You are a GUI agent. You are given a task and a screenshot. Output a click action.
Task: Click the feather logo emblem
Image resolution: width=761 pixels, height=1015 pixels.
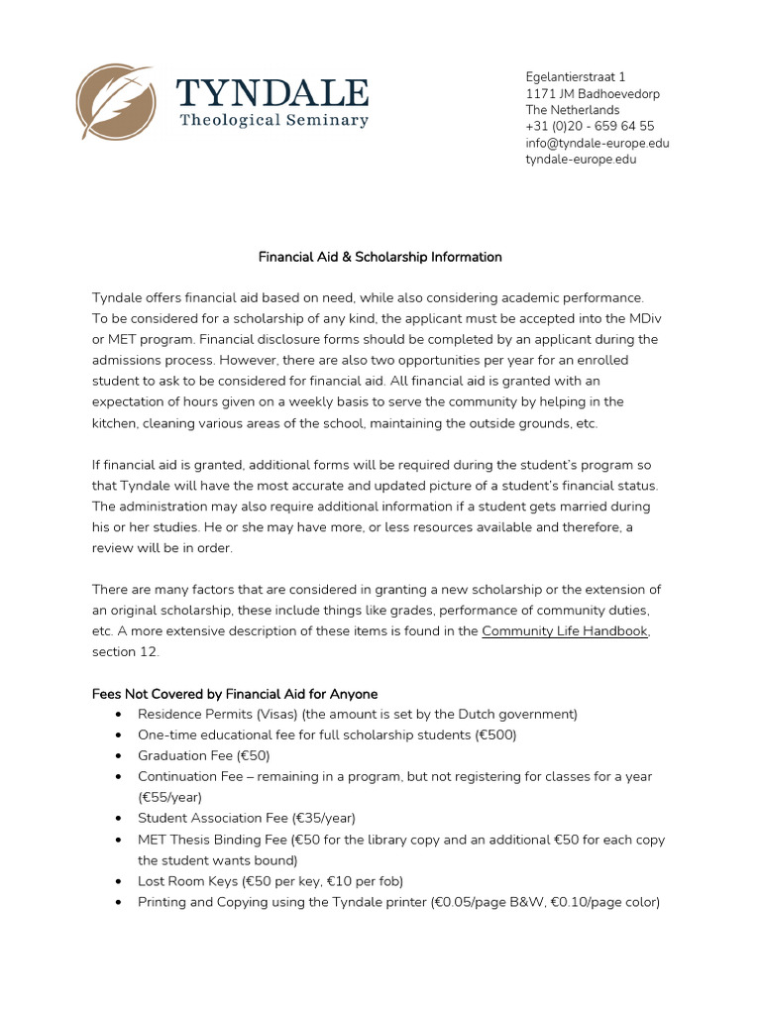[x=115, y=102]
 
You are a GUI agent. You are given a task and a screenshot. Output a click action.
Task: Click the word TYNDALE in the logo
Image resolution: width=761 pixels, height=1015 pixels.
[x=272, y=92]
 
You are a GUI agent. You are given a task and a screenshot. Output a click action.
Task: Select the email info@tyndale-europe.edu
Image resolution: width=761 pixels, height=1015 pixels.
[x=597, y=143]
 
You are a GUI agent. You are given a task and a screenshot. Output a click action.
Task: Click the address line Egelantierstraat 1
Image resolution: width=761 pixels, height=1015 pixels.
[x=575, y=76]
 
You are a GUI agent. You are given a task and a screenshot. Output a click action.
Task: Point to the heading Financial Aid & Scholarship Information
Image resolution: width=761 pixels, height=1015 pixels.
[x=380, y=257]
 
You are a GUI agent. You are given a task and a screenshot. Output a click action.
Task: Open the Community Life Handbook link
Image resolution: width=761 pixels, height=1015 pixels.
[x=565, y=631]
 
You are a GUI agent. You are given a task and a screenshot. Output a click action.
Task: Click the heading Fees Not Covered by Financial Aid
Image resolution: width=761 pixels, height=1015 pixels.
[x=235, y=694]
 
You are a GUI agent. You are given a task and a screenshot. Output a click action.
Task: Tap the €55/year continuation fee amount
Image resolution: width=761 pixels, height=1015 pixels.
[x=167, y=797]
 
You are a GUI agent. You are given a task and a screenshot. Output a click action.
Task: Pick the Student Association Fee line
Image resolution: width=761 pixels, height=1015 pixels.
[x=246, y=818]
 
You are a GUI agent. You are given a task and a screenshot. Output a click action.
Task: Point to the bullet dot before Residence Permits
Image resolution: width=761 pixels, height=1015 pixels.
[x=119, y=715]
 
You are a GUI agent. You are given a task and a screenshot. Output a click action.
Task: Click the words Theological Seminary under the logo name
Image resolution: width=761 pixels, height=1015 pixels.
[x=273, y=121]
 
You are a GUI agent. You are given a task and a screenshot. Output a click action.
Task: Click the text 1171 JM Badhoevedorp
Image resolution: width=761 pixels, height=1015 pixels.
[x=592, y=93]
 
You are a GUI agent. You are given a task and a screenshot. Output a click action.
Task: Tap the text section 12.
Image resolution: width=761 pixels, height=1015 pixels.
[x=125, y=652]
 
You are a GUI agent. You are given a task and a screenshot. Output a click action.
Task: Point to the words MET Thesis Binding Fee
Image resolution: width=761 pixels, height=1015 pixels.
[x=211, y=840]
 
